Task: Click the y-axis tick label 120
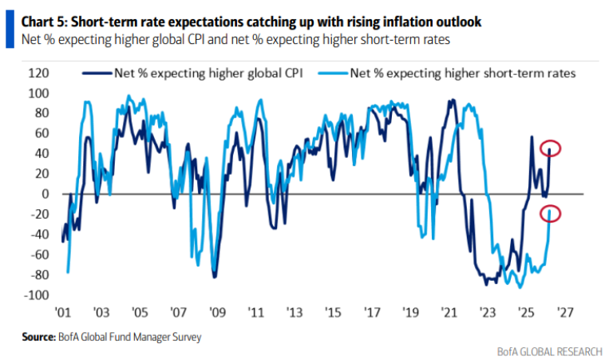(38, 73)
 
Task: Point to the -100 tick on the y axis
(36, 295)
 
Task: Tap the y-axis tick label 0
(45, 194)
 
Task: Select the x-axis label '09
(215, 313)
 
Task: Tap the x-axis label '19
(410, 313)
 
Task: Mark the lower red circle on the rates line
(550, 213)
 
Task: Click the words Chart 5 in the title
(39, 11)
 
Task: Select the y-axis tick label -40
(39, 235)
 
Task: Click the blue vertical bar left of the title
(10, 19)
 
